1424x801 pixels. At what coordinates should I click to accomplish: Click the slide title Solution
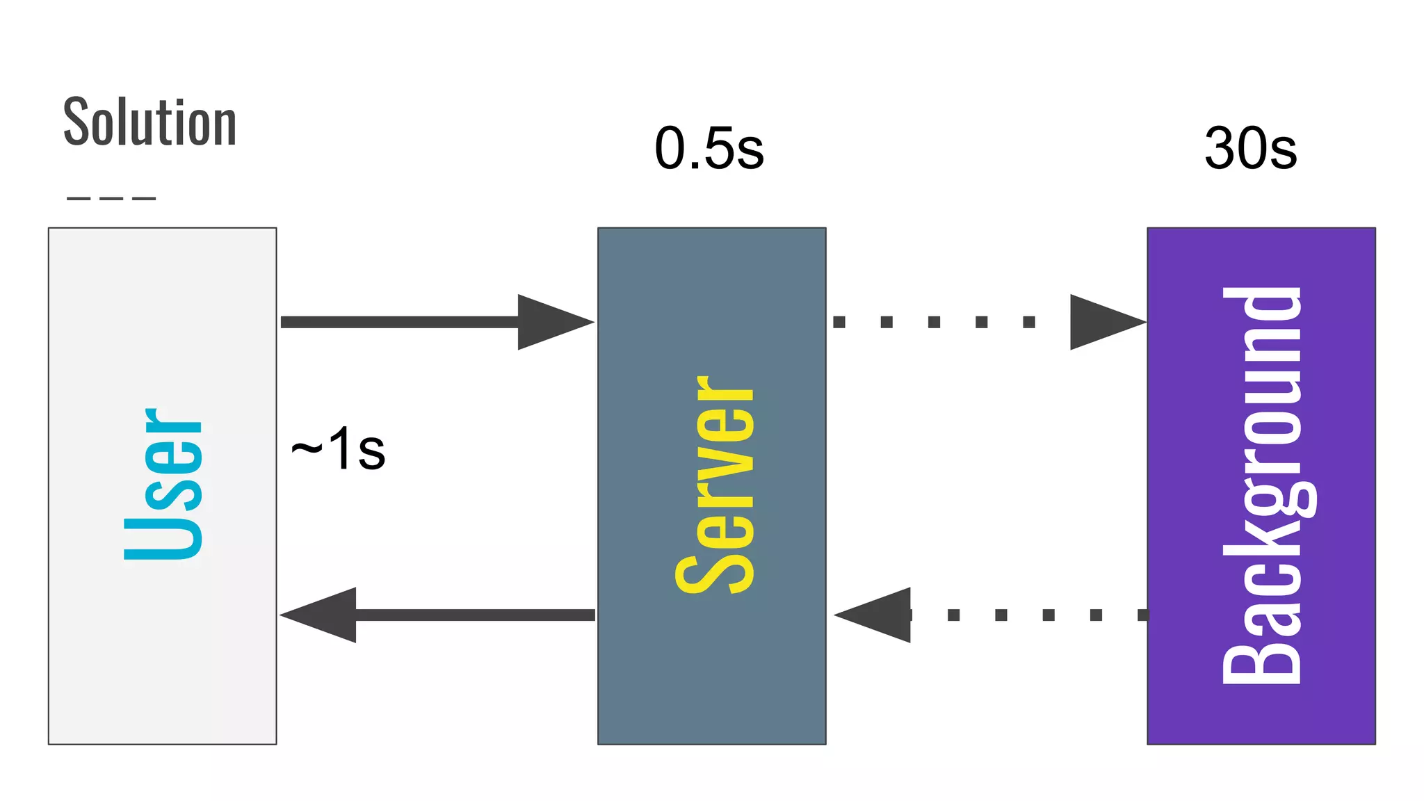point(150,122)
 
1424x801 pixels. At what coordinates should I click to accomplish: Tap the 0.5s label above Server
point(709,149)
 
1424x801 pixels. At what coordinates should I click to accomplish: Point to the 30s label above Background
point(1250,149)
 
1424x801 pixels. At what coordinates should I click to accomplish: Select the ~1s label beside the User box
point(339,450)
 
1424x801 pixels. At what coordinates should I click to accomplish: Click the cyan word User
point(163,484)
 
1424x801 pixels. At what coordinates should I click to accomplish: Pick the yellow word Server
point(715,485)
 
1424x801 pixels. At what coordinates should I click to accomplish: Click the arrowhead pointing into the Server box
point(553,322)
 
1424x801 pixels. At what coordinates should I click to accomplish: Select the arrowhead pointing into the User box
point(321,615)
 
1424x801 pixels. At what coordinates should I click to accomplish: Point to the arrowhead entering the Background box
point(1105,322)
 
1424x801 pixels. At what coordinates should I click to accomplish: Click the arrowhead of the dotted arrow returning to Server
point(875,615)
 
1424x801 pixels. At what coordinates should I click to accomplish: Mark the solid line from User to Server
point(400,322)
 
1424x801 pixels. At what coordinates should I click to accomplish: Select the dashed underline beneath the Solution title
point(111,199)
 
